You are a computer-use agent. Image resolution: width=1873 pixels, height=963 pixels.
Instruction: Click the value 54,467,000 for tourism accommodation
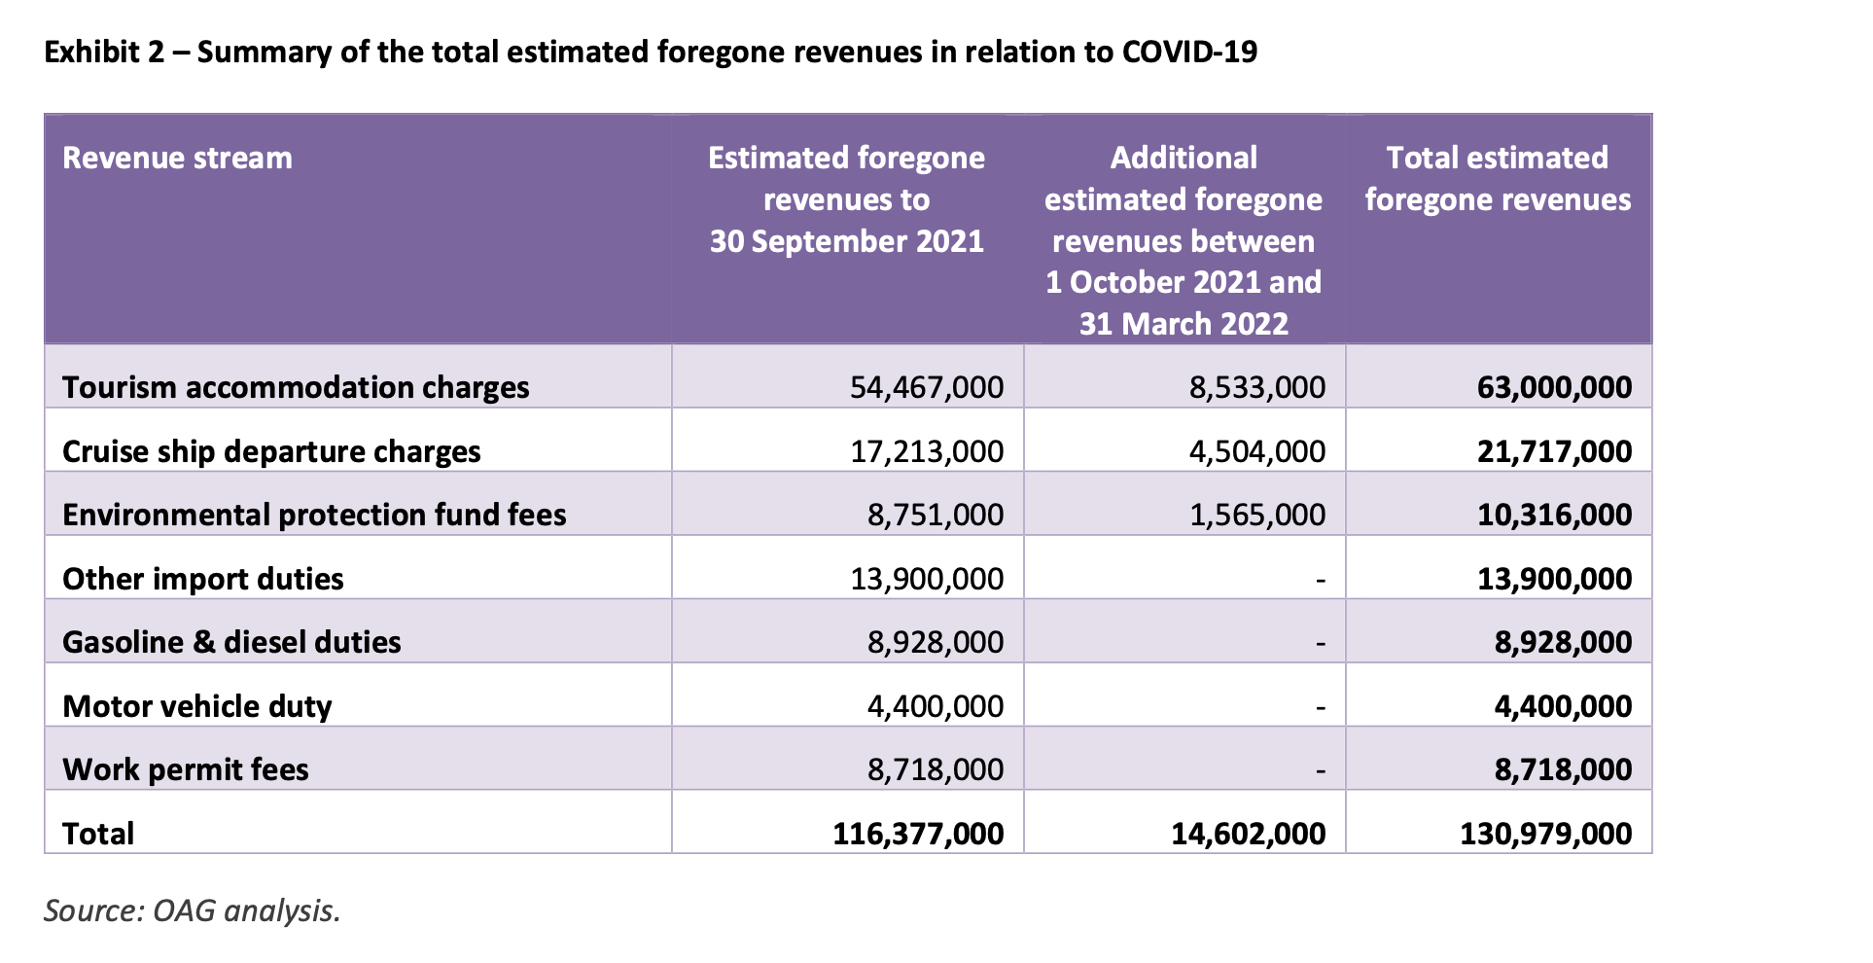tap(926, 387)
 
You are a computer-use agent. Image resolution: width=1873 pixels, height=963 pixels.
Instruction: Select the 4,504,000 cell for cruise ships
tap(1256, 451)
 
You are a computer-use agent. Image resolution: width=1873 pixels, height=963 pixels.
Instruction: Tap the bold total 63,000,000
tap(1554, 387)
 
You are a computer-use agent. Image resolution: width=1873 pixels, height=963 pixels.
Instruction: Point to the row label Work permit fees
tap(186, 769)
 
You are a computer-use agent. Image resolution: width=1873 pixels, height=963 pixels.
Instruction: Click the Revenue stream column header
tap(177, 158)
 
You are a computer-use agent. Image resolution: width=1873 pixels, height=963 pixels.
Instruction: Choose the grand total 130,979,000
tap(1545, 834)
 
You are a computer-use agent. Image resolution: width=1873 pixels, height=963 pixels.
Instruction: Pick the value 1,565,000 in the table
tap(1256, 515)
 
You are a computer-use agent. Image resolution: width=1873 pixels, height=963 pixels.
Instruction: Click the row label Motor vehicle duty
tap(197, 706)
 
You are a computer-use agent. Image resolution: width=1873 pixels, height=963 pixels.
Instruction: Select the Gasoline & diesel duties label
tap(231, 642)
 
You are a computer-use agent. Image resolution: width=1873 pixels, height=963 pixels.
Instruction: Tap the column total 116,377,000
tap(918, 834)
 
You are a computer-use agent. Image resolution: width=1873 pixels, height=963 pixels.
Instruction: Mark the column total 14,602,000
tap(1248, 834)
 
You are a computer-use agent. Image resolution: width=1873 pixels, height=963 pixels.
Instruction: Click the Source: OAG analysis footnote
tap(193, 910)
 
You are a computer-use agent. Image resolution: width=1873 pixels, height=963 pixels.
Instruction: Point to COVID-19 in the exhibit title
tap(1189, 52)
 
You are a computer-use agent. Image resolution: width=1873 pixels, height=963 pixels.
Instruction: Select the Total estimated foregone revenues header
tap(1498, 178)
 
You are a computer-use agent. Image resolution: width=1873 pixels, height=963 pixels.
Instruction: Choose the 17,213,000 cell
tap(926, 451)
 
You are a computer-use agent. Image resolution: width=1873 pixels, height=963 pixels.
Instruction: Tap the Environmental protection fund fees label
tap(314, 515)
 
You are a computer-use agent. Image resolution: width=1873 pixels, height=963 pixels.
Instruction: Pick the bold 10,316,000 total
tap(1554, 515)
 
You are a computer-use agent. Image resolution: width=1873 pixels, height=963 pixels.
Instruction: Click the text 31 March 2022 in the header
tap(1184, 323)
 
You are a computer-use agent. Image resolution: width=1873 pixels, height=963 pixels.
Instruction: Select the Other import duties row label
tap(203, 579)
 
